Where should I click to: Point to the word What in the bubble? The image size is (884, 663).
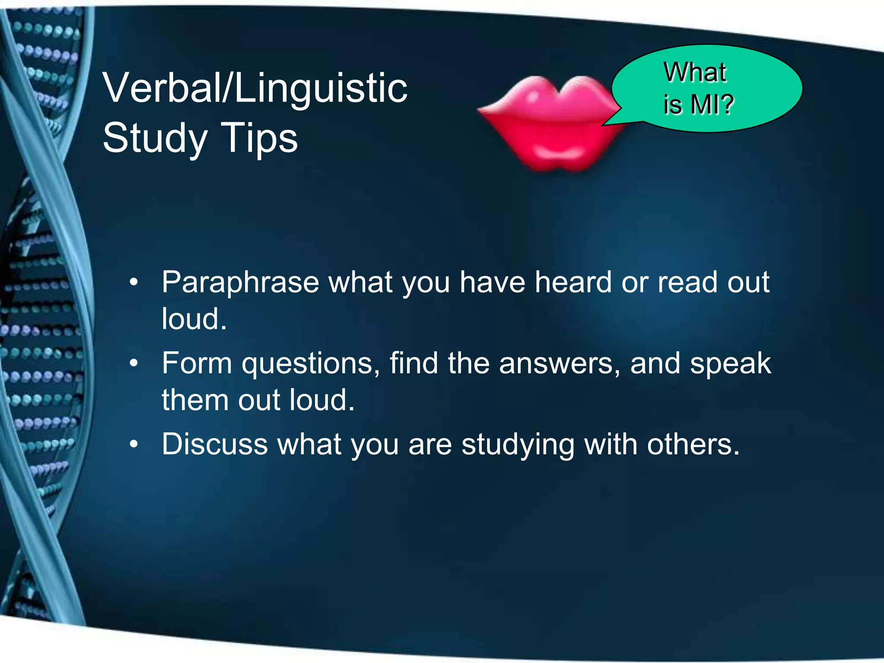pyautogui.click(x=695, y=72)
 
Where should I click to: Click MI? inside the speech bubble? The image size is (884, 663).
pyautogui.click(x=712, y=104)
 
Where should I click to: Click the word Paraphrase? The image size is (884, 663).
pyautogui.click(x=240, y=283)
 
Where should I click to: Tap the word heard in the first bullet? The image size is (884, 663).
pyautogui.click(x=573, y=282)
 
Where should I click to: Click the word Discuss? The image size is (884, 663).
pyautogui.click(x=215, y=444)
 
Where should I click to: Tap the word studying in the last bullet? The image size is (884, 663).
pyautogui.click(x=518, y=445)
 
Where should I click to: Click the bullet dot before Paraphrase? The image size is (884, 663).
pyautogui.click(x=134, y=283)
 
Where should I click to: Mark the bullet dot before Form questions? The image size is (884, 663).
pyautogui.click(x=134, y=363)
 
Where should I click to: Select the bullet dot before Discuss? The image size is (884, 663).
pyautogui.click(x=134, y=444)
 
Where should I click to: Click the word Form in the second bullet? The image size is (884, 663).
pyautogui.click(x=197, y=363)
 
